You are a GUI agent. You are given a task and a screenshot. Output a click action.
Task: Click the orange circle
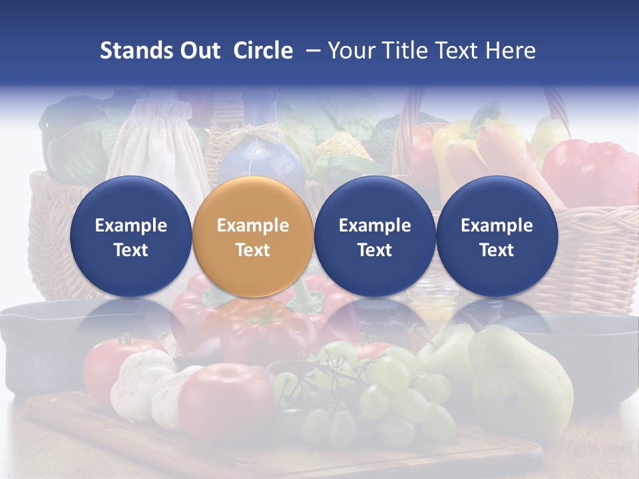pos(252,236)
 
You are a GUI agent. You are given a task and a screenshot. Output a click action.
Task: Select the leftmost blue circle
pos(130,236)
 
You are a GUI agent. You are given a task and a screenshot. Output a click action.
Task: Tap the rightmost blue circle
pos(497,236)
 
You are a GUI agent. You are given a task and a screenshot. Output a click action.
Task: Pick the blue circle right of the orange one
pos(375,236)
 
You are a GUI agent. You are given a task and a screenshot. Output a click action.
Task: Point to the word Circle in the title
pos(263,51)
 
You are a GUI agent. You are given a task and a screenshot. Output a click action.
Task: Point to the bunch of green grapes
pos(373,393)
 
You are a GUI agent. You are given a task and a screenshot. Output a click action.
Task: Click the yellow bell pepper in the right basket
pos(459,143)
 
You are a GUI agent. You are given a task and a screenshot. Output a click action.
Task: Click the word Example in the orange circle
pos(252,226)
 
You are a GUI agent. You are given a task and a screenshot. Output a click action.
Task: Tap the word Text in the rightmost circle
pos(497,250)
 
